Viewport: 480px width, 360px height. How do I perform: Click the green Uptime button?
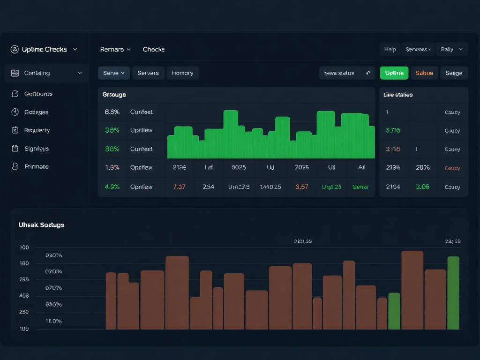click(x=394, y=73)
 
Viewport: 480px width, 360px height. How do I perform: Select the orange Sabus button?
click(x=424, y=73)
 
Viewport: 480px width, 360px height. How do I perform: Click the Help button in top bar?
click(x=390, y=49)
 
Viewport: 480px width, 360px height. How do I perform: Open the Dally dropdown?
click(x=452, y=49)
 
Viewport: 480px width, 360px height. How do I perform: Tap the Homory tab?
click(x=182, y=73)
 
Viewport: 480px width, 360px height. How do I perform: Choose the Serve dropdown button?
click(x=114, y=73)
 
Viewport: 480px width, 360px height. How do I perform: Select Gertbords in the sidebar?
click(x=38, y=94)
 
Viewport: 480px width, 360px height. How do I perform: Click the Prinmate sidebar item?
click(x=36, y=166)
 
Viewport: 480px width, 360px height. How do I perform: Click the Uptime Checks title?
click(x=44, y=49)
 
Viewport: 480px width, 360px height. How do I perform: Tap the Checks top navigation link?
click(x=154, y=49)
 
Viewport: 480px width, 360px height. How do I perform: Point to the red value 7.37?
click(x=179, y=187)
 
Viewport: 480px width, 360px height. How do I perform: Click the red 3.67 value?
click(x=302, y=187)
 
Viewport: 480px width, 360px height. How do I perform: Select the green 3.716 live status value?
click(x=393, y=130)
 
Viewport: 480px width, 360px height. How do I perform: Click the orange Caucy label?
click(x=452, y=168)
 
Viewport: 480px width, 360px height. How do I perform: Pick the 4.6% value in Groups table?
click(x=112, y=187)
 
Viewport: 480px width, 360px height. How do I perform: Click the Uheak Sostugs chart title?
click(x=41, y=225)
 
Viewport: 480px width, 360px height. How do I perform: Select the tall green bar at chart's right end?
click(x=453, y=293)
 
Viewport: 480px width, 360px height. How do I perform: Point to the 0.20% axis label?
click(x=53, y=255)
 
